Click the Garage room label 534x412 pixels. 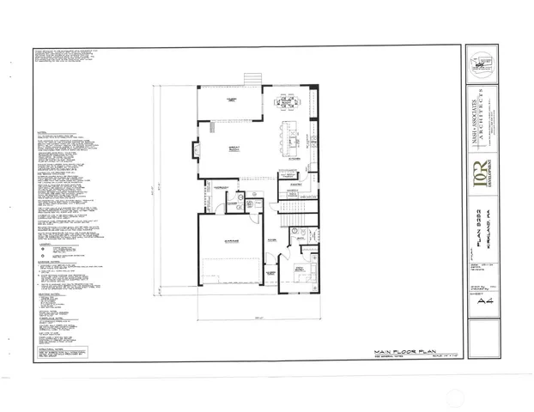231,242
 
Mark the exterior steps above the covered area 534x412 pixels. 252,79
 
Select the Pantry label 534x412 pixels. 295,184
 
